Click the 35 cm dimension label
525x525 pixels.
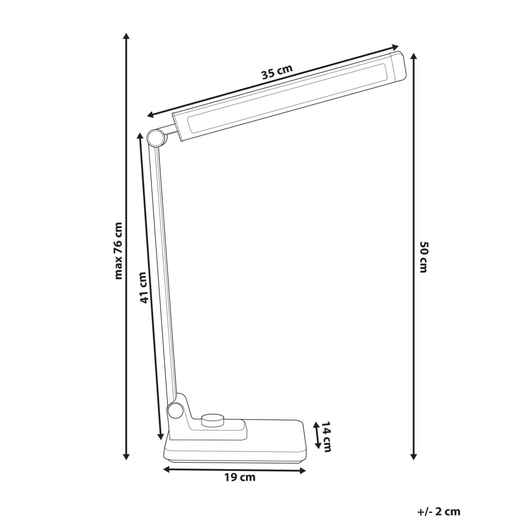(276, 73)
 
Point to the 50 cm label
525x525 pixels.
(423, 256)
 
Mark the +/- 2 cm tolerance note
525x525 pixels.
(439, 511)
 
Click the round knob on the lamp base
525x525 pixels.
(212, 421)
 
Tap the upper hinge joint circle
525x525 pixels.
(155, 138)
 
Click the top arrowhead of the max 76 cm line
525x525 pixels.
(126, 36)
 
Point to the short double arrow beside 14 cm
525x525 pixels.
(316, 435)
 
